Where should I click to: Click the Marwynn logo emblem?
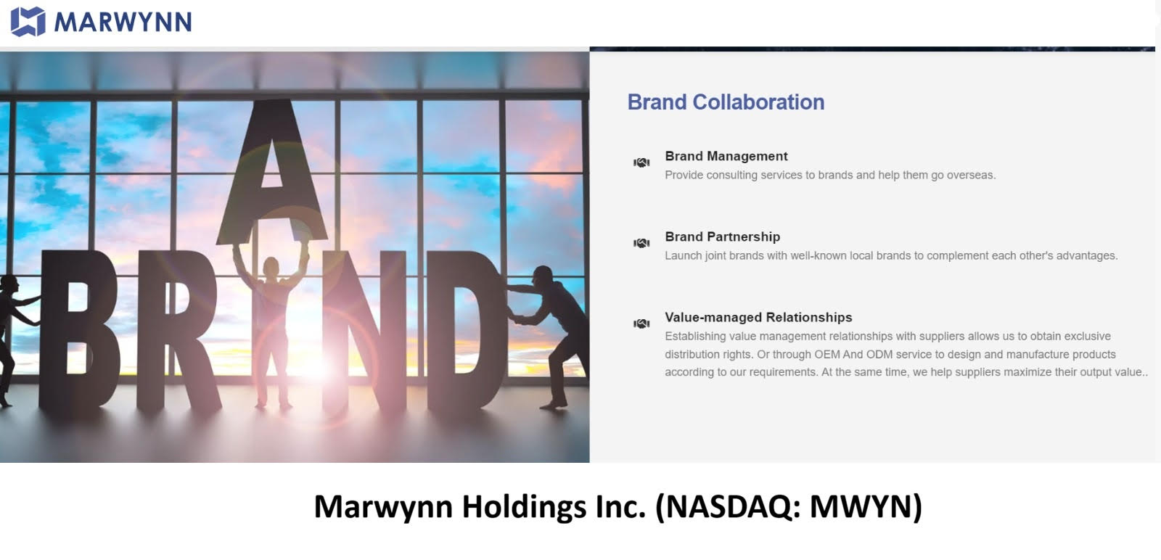[28, 22]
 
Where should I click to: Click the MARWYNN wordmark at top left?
[123, 22]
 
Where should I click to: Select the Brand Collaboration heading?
[726, 102]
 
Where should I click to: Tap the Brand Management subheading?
[726, 156]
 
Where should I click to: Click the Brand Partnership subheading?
[723, 236]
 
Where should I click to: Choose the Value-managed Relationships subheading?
[758, 317]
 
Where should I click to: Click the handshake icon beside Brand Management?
[641, 162]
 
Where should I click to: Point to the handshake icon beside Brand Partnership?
[641, 243]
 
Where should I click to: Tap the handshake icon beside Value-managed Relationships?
[641, 324]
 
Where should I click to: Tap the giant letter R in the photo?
[177, 332]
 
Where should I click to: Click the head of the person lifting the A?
[271, 266]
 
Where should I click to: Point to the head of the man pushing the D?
[543, 275]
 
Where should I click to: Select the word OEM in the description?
[826, 354]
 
